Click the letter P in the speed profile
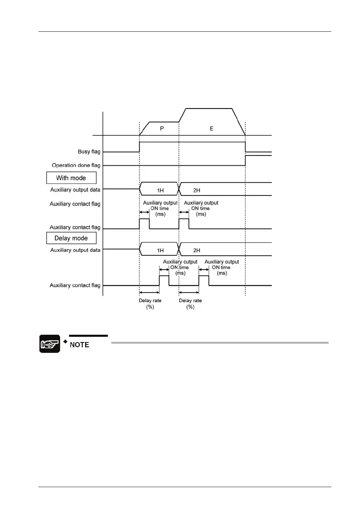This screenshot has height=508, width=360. coord(162,129)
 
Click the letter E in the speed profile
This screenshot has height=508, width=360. coord(211,129)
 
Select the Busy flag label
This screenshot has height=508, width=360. coord(89,152)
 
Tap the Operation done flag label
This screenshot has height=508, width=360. coord(76,165)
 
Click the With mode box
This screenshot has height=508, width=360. coord(71,178)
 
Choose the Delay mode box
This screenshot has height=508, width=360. coord(71,238)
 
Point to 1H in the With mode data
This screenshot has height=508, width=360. coord(160,190)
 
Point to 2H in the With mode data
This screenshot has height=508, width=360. coord(197,190)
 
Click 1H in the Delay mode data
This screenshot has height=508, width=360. coord(160,250)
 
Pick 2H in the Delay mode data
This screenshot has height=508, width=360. coord(197,250)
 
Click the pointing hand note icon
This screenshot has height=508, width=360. coord(50,344)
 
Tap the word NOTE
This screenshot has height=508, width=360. coord(80,345)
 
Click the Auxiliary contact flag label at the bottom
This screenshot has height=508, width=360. coord(75,285)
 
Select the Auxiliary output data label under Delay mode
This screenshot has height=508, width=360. coord(75,250)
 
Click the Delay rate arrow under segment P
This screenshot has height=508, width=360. coord(149,292)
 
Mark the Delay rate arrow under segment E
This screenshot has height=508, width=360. coord(189,292)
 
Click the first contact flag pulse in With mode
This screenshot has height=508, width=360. coord(144,223)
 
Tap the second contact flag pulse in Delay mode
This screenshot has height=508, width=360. coord(204,280)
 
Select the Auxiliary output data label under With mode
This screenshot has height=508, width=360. coord(75,190)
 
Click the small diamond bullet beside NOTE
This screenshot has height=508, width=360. coord(65,341)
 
